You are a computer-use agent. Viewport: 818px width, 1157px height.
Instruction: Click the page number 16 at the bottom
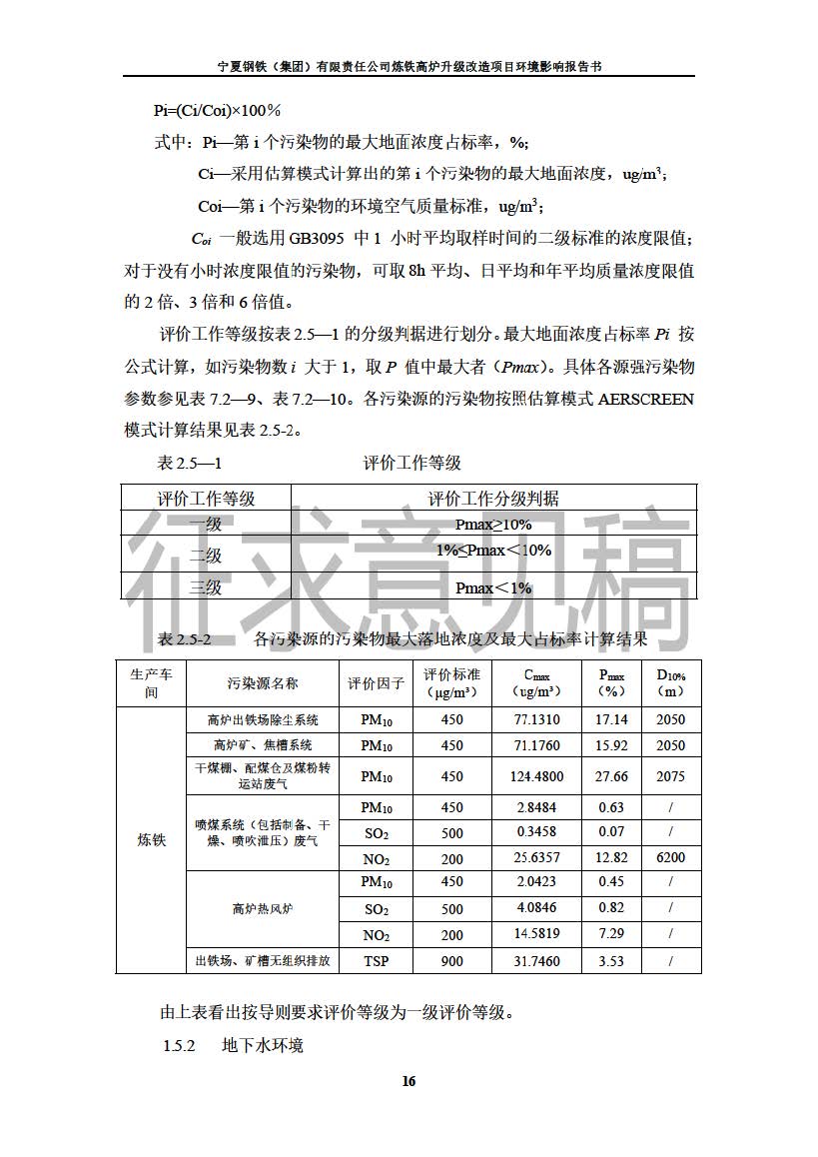pos(409,1081)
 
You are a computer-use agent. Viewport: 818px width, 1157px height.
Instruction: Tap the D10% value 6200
pos(671,857)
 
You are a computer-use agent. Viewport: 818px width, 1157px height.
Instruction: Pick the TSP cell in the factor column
pos(377,961)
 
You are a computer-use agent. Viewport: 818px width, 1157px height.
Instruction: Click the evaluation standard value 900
pos(451,961)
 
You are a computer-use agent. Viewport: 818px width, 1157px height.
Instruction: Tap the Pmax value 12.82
pos(611,857)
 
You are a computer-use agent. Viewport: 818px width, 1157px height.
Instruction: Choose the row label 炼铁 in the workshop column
pos(151,839)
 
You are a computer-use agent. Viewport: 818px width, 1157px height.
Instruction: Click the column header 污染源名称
pos(263,683)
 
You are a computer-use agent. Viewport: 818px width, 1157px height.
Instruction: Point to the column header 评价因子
pos(377,683)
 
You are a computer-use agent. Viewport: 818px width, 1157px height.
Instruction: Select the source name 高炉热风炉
pos(263,908)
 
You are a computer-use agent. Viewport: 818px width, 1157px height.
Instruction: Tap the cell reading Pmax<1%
pos(493,587)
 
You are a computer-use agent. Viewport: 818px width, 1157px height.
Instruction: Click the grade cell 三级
pos(206,587)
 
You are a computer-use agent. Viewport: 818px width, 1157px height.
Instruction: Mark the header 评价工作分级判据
pos(493,499)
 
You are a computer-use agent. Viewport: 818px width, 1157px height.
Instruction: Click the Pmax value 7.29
pos(611,934)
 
